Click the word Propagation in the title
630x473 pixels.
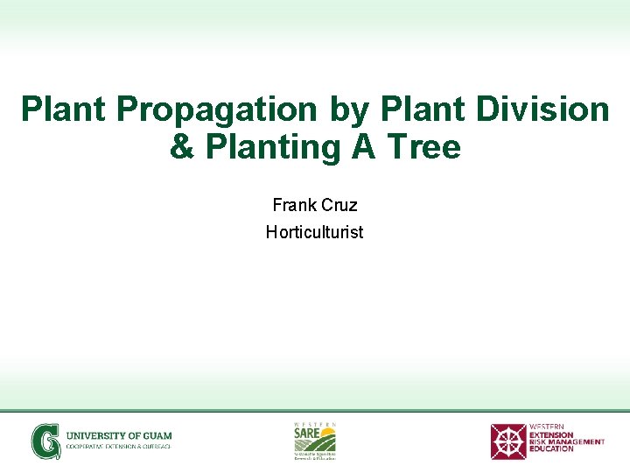click(x=219, y=110)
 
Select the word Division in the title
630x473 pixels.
click(x=539, y=110)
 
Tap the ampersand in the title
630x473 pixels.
click(x=183, y=147)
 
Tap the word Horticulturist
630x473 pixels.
click(x=314, y=232)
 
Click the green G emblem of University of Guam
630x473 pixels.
click(x=45, y=441)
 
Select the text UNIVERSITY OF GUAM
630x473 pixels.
click(x=120, y=435)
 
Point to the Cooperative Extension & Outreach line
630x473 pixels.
click(x=119, y=447)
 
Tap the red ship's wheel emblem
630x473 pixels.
click(x=507, y=441)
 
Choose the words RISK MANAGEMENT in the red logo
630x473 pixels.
click(x=567, y=441)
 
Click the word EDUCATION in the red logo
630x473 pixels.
click(x=551, y=448)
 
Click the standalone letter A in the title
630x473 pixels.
click(x=363, y=147)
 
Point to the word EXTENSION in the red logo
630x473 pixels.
click(x=551, y=434)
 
